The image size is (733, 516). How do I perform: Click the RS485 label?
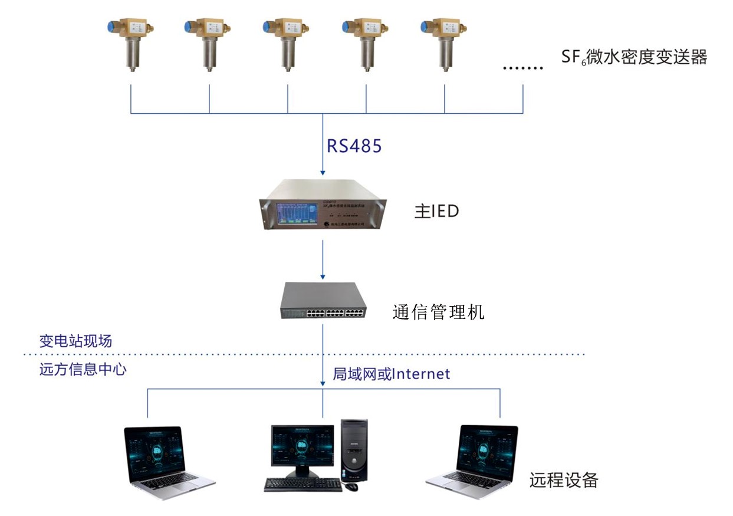coord(354,146)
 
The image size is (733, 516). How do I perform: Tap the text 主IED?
coord(436,212)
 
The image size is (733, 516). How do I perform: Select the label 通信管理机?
coord(438,311)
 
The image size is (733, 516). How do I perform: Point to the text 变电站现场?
coord(75,341)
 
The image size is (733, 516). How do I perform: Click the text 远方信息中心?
coord(83,370)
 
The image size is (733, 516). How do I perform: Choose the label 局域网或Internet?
coord(391,373)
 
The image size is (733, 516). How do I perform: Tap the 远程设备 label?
coord(564,480)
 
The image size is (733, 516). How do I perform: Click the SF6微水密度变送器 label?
coord(634,58)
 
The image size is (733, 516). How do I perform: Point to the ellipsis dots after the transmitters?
coord(522,68)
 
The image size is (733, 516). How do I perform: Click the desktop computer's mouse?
coord(351,487)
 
